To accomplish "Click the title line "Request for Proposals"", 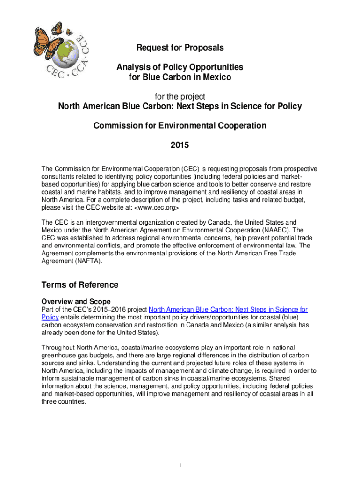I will (180, 48).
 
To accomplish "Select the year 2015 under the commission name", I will (180, 145).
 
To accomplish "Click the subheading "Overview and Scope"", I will (76, 302).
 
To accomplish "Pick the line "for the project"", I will (180, 97).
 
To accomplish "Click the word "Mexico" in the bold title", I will (216, 77).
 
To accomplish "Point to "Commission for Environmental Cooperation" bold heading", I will (180, 126).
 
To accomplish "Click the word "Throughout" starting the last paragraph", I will (58, 348).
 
